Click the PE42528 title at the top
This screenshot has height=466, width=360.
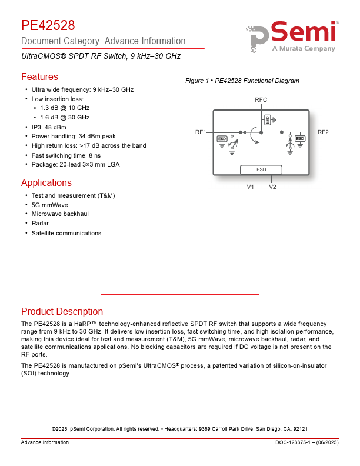pyautogui.click(x=48, y=26)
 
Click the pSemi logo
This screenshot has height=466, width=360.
pyautogui.click(x=292, y=37)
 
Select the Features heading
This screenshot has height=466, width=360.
pyautogui.click(x=39, y=77)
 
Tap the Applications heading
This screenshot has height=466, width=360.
pyautogui.click(x=46, y=182)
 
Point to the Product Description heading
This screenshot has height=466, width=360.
pyautogui.click(x=62, y=312)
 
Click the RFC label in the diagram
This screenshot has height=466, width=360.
pyautogui.click(x=261, y=101)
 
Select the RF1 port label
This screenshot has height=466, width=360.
pyautogui.click(x=201, y=132)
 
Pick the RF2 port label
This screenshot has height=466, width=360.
pyautogui.click(x=323, y=132)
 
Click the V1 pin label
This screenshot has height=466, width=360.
pyautogui.click(x=250, y=187)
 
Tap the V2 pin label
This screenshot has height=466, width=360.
pyautogui.click(x=272, y=187)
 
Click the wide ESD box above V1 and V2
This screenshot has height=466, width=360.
pyautogui.click(x=261, y=169)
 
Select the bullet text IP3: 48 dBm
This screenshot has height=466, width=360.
pyautogui.click(x=49, y=127)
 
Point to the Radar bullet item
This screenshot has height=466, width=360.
pyautogui.click(x=40, y=224)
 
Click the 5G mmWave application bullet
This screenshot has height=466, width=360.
pyautogui.click(x=49, y=205)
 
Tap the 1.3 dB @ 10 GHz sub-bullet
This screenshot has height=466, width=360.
pyautogui.click(x=65, y=108)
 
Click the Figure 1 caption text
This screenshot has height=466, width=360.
pyautogui.click(x=242, y=81)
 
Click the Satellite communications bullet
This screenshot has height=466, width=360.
pyautogui.click(x=66, y=233)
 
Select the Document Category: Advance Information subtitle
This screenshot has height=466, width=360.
pyautogui.click(x=103, y=41)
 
